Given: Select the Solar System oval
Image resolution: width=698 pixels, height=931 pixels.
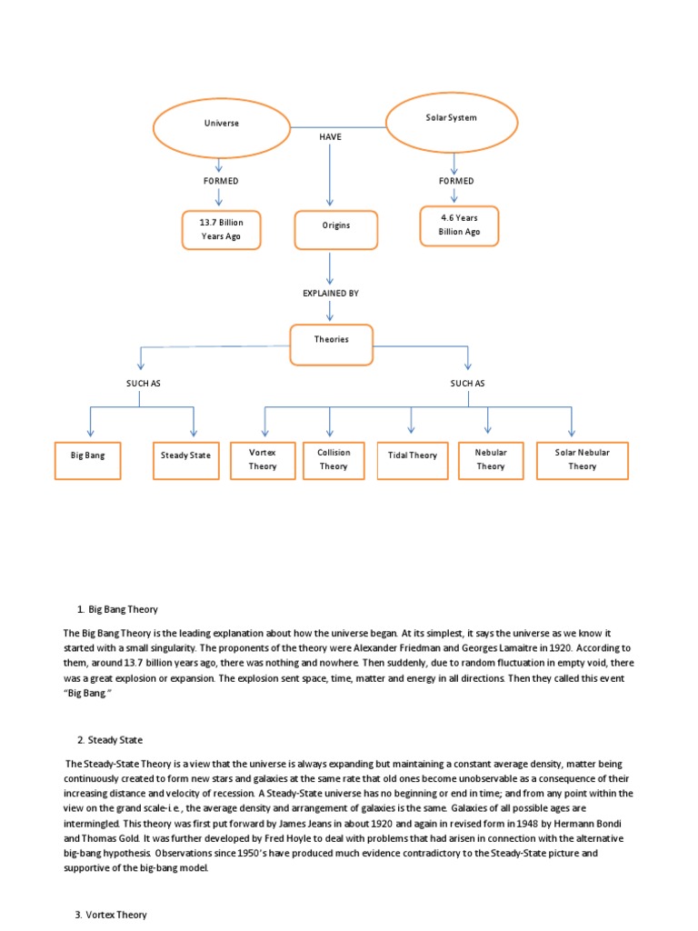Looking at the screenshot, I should tap(452, 118).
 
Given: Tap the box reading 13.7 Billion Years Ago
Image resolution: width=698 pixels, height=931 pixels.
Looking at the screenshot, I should tap(222, 229).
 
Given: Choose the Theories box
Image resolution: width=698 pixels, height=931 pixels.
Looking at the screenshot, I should tap(331, 340).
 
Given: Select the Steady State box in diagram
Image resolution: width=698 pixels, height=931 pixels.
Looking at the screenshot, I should tap(185, 455).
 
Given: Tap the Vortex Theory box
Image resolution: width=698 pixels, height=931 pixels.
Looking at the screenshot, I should tap(263, 459).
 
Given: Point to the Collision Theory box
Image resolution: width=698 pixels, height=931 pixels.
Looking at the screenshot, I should tap(334, 459).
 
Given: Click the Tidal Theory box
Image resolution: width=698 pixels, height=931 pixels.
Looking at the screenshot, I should tap(413, 455).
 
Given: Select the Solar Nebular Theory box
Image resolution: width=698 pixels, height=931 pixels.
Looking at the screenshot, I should tap(583, 459).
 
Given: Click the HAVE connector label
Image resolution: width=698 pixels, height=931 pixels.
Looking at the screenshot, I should tap(330, 135).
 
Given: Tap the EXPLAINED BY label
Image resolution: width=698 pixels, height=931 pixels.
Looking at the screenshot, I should tap(331, 294).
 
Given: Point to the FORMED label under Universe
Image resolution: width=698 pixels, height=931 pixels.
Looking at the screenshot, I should tap(221, 181).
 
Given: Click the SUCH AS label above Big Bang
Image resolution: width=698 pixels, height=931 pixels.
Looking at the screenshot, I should tap(143, 384).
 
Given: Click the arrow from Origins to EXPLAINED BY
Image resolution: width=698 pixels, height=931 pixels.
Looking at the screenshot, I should tap(330, 265).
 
